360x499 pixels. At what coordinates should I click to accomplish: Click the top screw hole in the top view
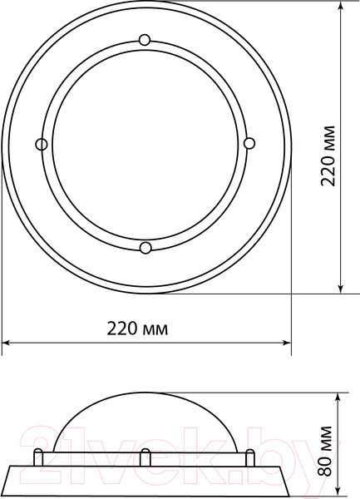145,40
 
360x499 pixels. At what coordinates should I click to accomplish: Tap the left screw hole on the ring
41,145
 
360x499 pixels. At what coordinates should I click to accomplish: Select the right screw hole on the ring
248,144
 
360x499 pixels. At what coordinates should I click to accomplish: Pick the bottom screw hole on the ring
145,247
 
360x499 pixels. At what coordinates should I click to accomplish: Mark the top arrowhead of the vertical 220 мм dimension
341,6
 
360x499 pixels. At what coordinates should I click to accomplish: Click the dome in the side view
145,420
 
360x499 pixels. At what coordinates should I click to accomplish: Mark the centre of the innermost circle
145,144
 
